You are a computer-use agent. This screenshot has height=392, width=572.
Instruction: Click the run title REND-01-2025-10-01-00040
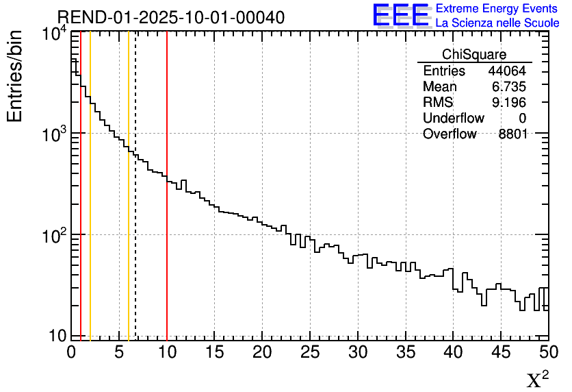pyautogui.click(x=170, y=17)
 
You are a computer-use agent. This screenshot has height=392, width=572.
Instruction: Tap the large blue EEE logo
pyautogui.click(x=400, y=14)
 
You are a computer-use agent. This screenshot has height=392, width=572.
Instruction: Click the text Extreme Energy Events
pyautogui.click(x=497, y=8)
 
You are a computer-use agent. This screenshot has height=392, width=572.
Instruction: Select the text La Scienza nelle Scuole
pyautogui.click(x=497, y=23)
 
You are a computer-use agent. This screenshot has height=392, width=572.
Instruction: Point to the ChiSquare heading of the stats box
pyautogui.click(x=474, y=55)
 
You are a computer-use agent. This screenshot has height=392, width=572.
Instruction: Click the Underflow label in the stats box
pyautogui.click(x=454, y=119)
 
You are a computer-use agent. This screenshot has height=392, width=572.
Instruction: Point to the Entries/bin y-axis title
pyautogui.click(x=15, y=76)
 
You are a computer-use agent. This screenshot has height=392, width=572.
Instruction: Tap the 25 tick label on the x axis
pyautogui.click(x=310, y=352)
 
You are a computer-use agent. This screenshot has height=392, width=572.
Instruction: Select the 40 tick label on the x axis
pyautogui.click(x=453, y=352)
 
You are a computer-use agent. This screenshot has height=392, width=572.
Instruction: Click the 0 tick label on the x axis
pyautogui.click(x=71, y=352)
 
